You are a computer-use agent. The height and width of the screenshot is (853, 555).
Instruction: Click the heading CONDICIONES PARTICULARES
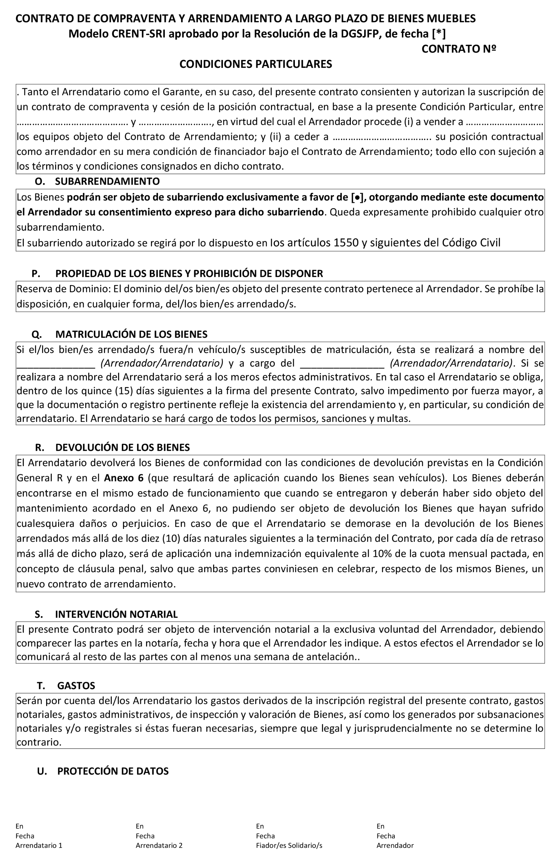pos(255,64)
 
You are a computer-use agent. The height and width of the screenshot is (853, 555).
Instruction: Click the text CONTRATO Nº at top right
pos(458,49)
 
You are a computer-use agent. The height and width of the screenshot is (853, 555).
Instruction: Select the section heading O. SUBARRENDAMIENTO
pos(97,181)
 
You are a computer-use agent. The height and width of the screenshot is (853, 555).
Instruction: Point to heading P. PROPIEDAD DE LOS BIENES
pos(177,273)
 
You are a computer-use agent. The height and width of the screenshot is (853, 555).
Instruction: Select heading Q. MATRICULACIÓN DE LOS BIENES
pos(119,334)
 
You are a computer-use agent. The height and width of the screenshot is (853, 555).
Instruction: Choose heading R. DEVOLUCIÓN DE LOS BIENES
pos(112,447)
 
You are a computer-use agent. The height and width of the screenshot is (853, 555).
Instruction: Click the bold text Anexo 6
pos(124,478)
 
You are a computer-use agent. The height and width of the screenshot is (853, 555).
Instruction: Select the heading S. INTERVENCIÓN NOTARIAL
pos(106,614)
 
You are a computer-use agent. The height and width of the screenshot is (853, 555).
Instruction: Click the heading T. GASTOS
pos(66,685)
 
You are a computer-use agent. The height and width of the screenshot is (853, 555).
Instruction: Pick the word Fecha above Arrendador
pos(385,836)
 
